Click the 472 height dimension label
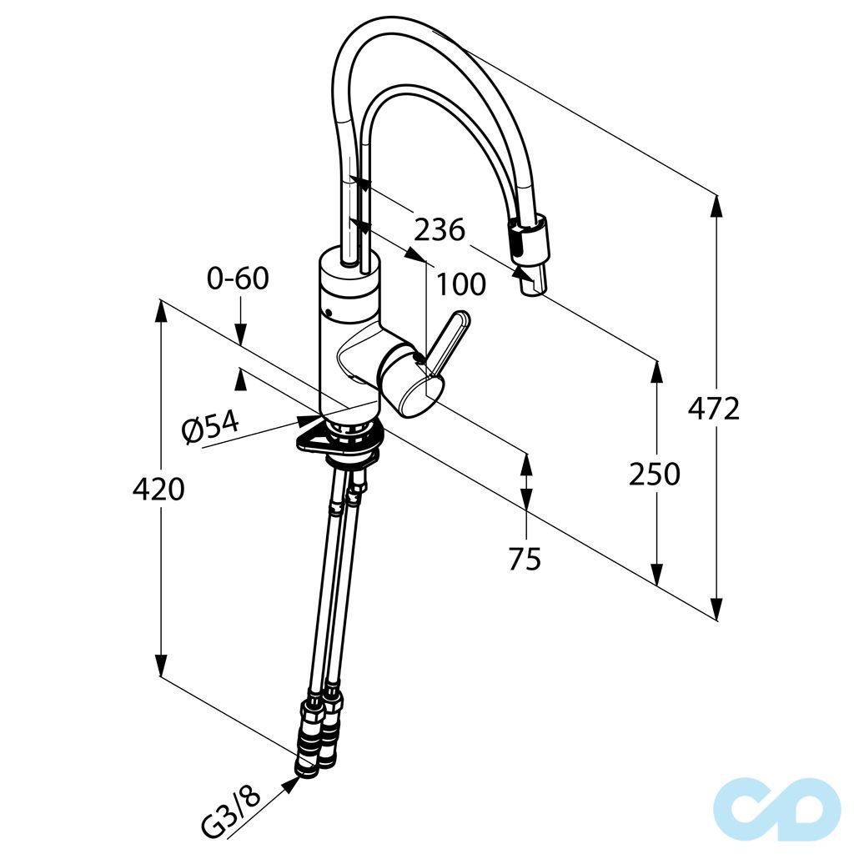pyautogui.click(x=714, y=409)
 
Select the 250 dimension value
pyautogui.click(x=654, y=474)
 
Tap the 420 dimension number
pyautogui.click(x=158, y=489)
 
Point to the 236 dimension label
pyautogui.click(x=440, y=229)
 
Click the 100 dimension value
pyautogui.click(x=461, y=285)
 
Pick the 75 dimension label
pyautogui.click(x=525, y=559)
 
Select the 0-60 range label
pyautogui.click(x=239, y=279)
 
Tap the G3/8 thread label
pyautogui.click(x=231, y=812)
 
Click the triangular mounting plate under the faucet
pyautogui.click(x=338, y=440)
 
